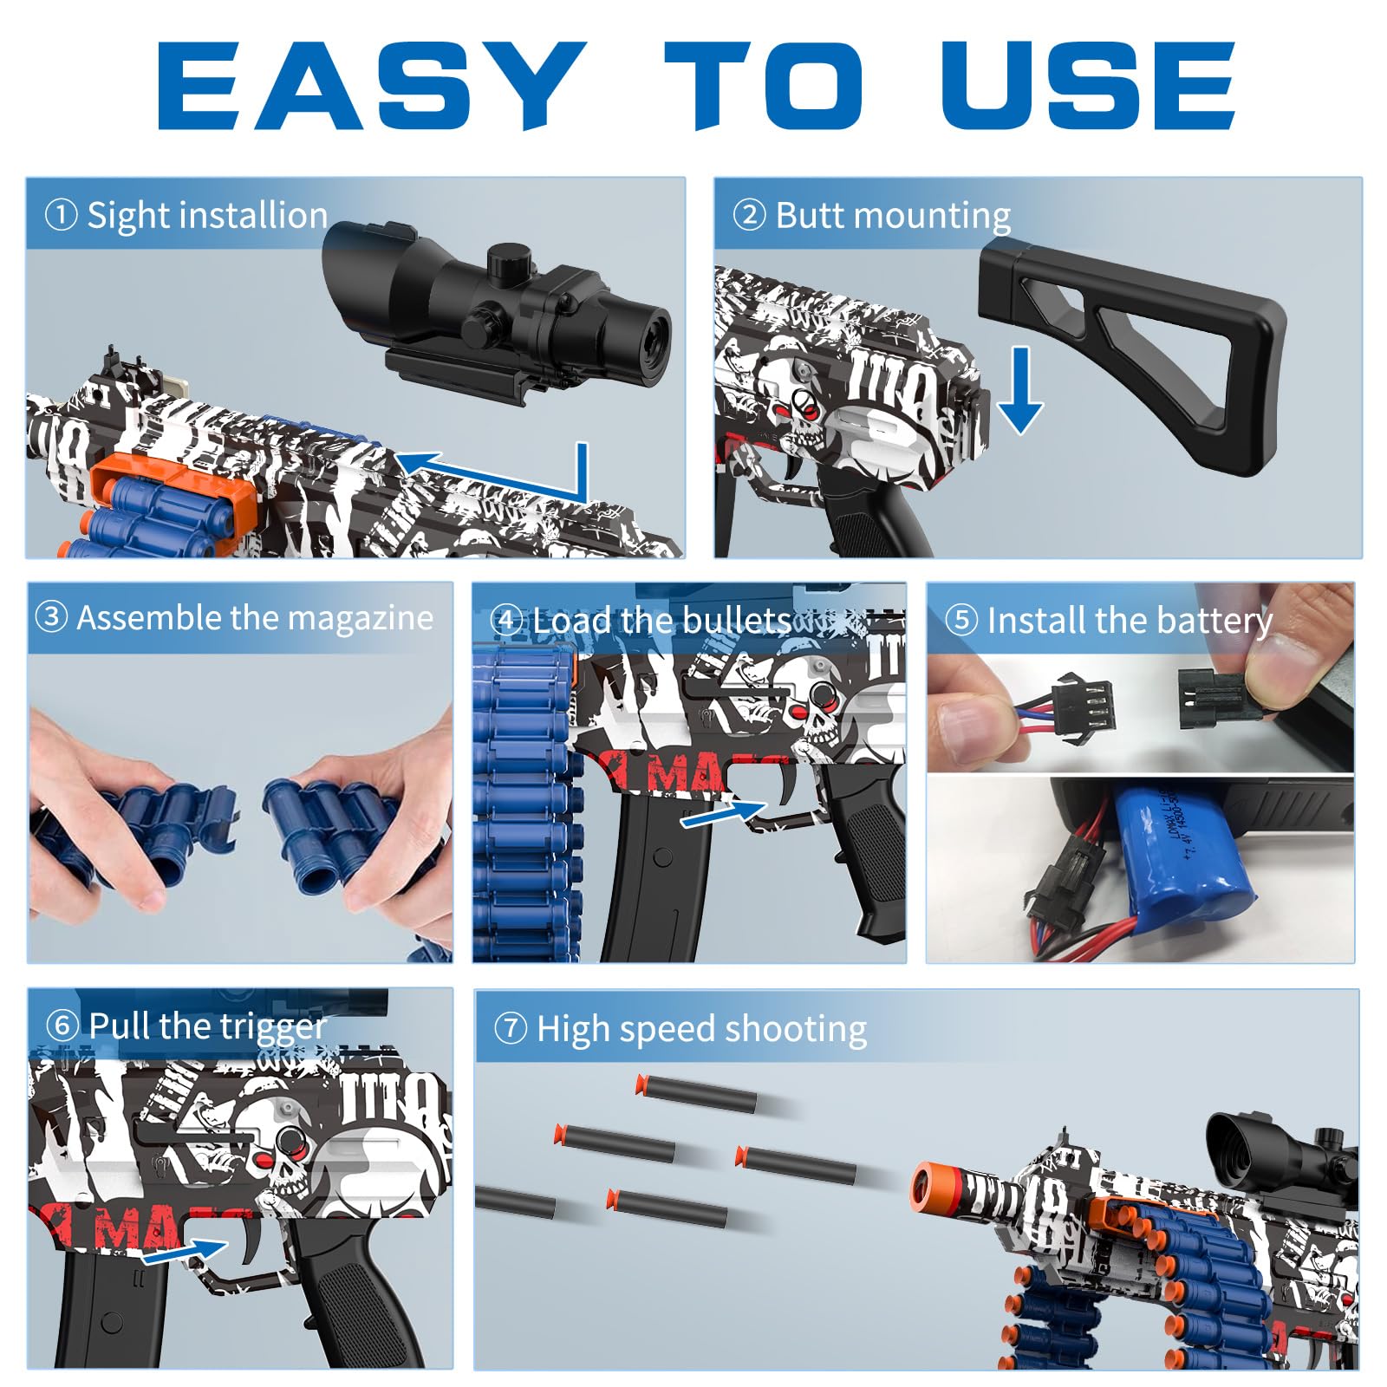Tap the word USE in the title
click(x=1089, y=86)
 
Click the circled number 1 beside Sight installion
click(x=61, y=215)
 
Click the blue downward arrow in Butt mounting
click(x=1020, y=390)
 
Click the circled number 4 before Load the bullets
click(x=507, y=621)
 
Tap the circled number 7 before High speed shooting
click(x=511, y=1028)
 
